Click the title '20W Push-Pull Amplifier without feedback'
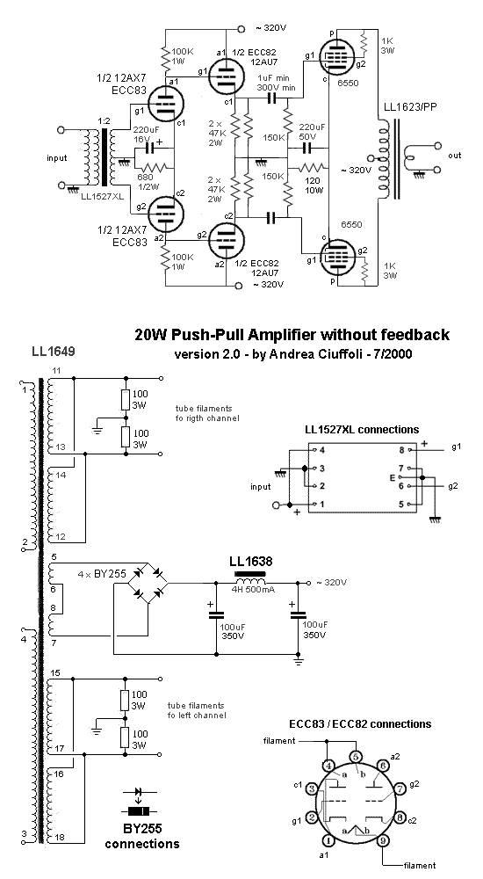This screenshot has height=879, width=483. click(292, 334)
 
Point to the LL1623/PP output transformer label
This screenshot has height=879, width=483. click(411, 109)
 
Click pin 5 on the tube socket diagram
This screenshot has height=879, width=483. click(355, 755)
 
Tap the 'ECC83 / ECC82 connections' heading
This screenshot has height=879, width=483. click(360, 723)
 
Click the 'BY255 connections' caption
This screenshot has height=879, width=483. click(142, 836)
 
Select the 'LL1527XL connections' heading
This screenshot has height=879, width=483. click(361, 430)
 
